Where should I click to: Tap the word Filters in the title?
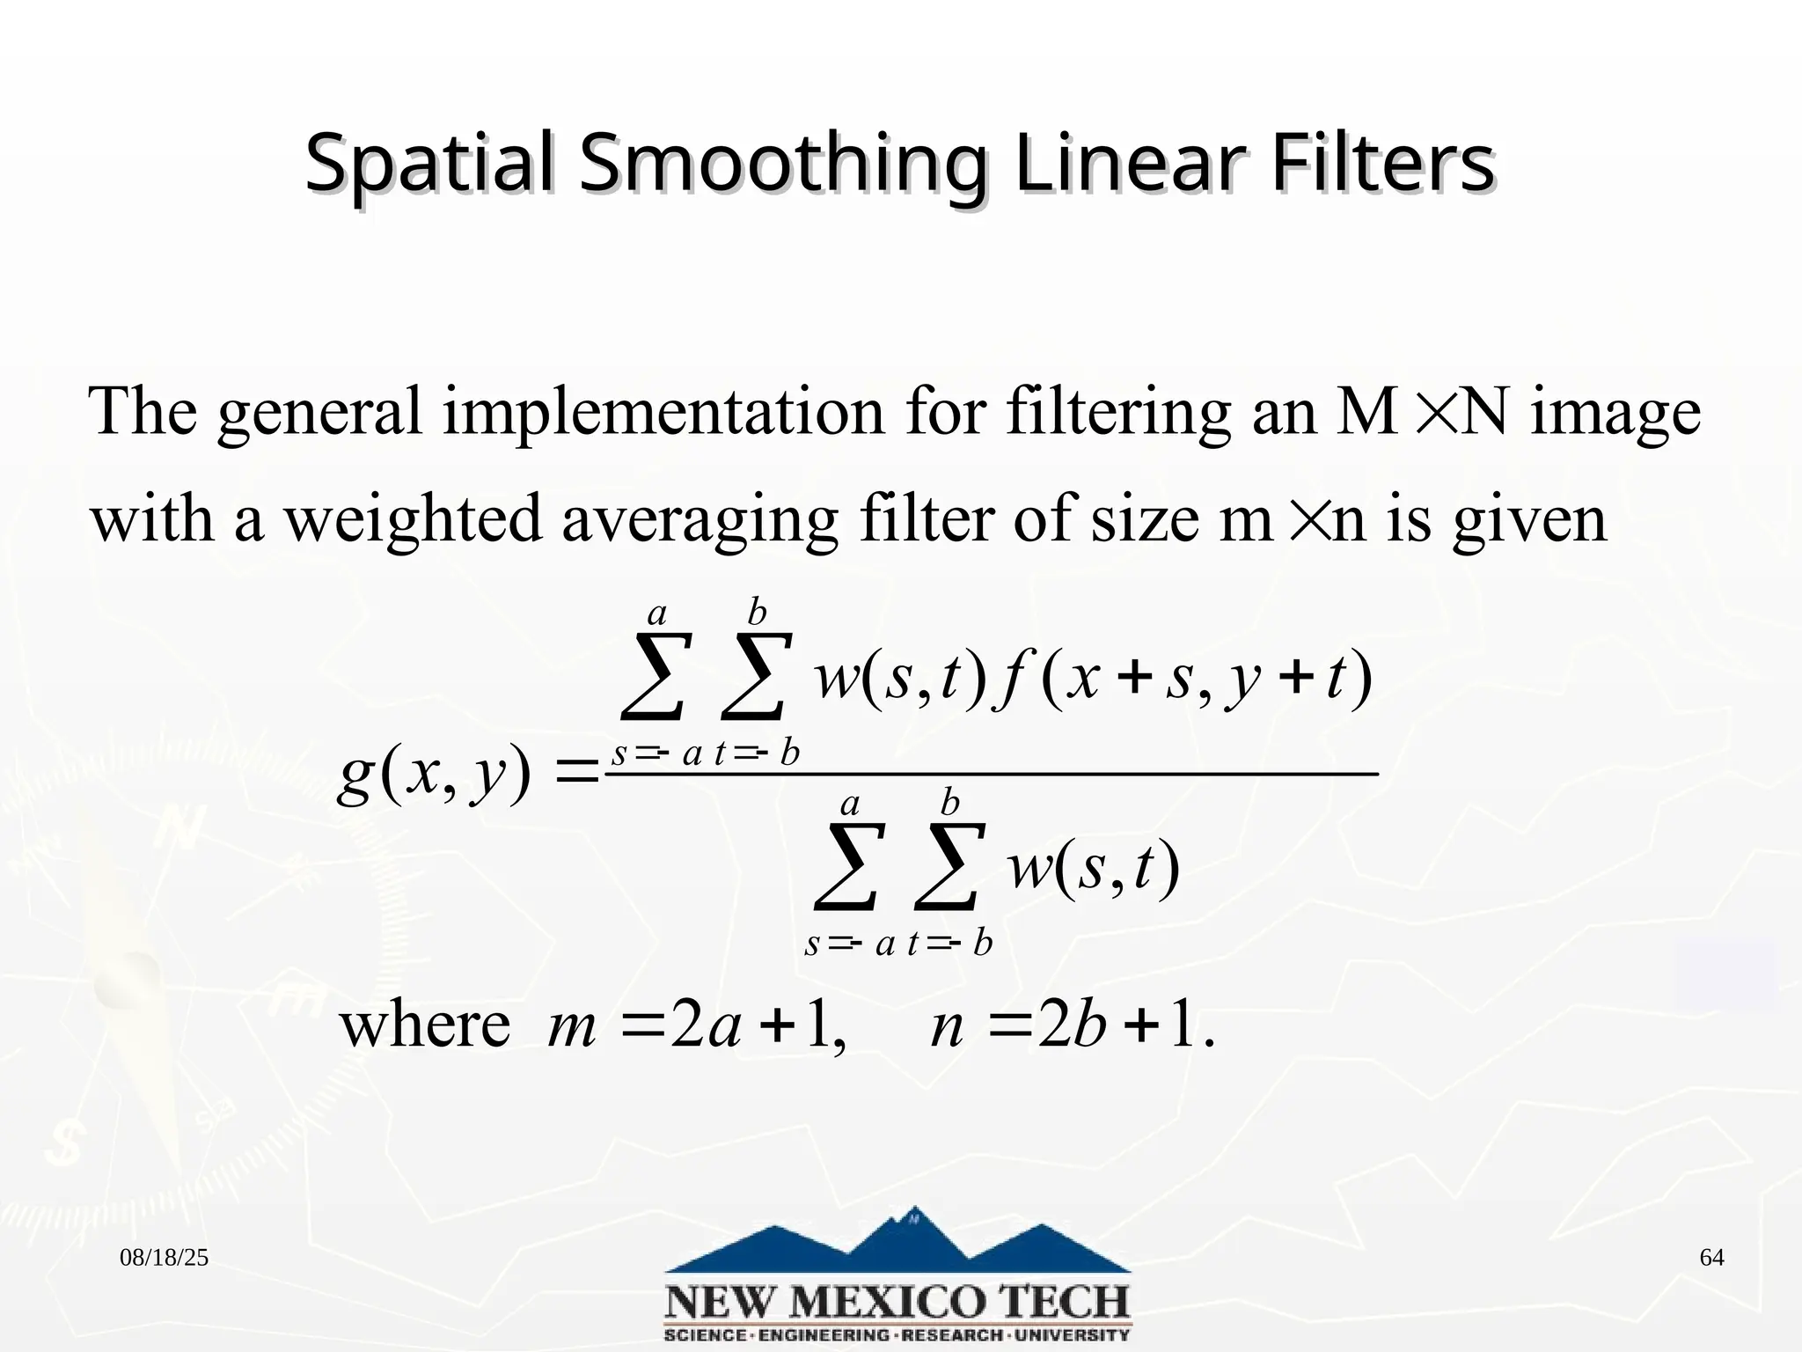[x=1381, y=164]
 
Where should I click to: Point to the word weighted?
[x=414, y=519]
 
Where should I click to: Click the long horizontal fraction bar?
[x=991, y=775]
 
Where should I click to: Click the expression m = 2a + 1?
[x=695, y=1026]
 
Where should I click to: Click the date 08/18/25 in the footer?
[x=164, y=1258]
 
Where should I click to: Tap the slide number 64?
[x=1711, y=1258]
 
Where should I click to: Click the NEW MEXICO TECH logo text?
[x=897, y=1301]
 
